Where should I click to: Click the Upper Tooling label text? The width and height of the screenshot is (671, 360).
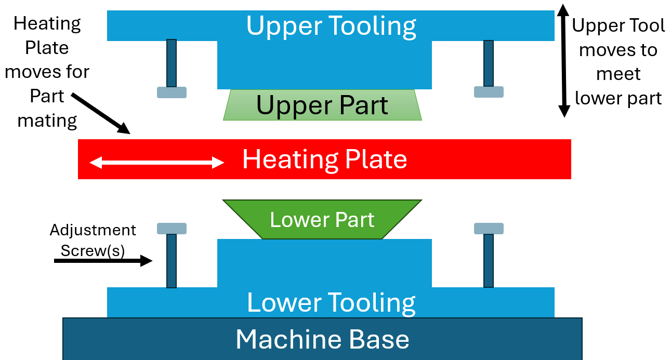point(331,25)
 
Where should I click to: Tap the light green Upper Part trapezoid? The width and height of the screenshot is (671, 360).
point(322,105)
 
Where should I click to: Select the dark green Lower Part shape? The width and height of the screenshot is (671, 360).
point(322,220)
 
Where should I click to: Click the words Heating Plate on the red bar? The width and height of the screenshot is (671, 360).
point(324,159)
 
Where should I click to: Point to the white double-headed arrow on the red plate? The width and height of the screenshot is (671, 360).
point(156,163)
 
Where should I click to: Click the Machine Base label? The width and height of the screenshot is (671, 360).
point(322,339)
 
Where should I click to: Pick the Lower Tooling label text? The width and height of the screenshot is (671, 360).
point(331,302)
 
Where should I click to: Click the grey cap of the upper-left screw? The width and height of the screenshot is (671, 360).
point(172,92)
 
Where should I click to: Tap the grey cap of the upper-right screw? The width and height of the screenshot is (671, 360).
point(489,92)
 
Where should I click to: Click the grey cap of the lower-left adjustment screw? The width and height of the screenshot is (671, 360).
point(172,229)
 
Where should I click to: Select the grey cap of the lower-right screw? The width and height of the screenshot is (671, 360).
point(489,229)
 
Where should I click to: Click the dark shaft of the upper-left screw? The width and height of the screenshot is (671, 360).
point(172,63)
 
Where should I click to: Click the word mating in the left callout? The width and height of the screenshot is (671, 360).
point(47,121)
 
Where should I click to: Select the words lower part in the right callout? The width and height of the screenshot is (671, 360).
point(618,98)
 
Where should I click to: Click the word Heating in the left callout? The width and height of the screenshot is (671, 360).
point(47,23)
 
